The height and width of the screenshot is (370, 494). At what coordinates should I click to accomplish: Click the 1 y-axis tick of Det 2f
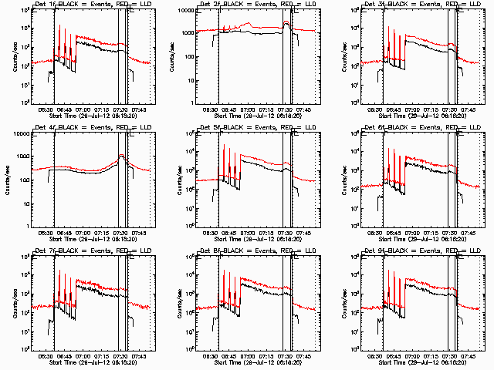191,103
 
